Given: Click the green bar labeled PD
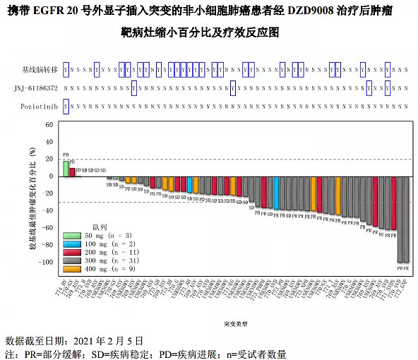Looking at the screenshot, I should (x=66, y=169).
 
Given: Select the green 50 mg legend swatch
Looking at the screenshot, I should (x=73, y=236).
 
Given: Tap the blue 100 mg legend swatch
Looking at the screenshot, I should (x=73, y=244).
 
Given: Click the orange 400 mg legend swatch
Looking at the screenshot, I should (x=73, y=270).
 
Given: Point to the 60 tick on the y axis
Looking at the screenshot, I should (x=49, y=124).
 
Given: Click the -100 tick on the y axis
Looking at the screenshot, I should (x=47, y=263).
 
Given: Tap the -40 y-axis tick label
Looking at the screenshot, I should (x=48, y=210).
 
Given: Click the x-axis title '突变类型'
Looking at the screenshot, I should (x=235, y=324).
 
